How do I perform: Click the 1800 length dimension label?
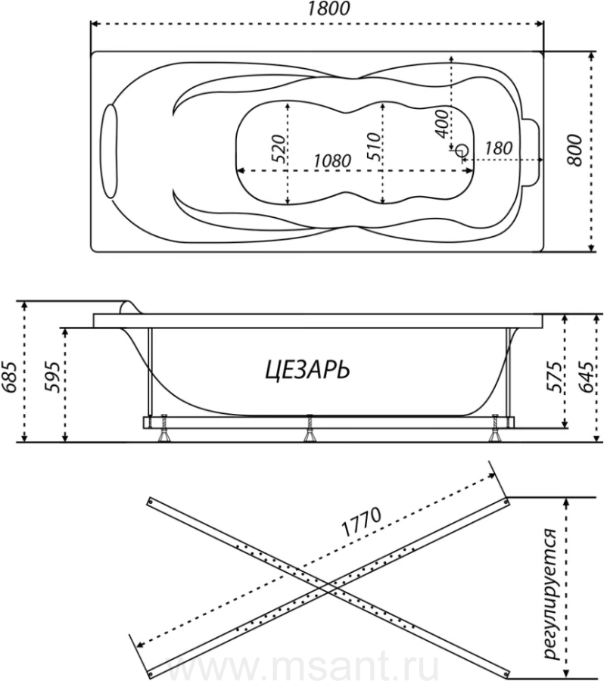(329, 8)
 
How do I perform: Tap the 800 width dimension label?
(574, 151)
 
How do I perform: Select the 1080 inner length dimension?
(332, 161)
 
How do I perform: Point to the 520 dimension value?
(280, 148)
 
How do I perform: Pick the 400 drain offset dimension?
(441, 124)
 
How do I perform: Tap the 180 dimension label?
(498, 148)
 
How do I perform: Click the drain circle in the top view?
(462, 151)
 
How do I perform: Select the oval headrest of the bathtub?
(109, 151)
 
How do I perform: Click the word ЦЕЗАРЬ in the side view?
(307, 371)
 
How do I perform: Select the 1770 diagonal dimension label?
(362, 522)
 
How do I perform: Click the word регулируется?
(551, 601)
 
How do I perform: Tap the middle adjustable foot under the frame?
(310, 429)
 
